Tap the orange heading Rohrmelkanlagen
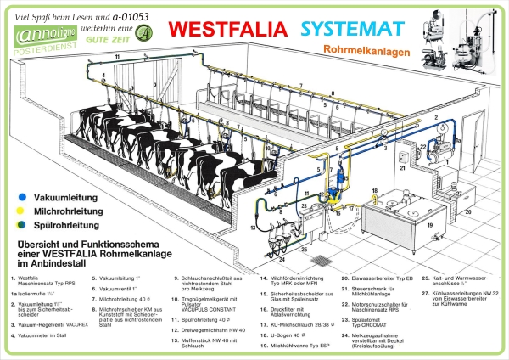point(366,51)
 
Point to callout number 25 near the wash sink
point(304,249)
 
